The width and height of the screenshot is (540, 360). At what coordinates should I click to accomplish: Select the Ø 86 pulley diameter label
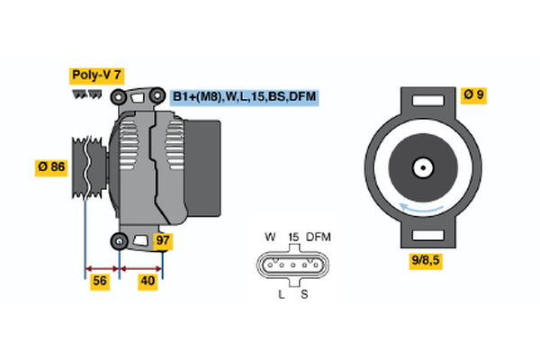click(x=52, y=168)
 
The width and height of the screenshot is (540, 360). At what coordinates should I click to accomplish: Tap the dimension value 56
click(x=101, y=282)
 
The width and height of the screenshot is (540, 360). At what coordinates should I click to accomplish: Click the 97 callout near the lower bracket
click(x=163, y=240)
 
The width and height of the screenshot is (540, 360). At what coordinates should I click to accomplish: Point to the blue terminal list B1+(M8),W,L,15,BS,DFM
click(x=244, y=96)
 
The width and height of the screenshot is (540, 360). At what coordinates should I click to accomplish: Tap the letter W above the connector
click(x=270, y=237)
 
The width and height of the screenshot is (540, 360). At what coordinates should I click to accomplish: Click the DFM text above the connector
click(x=319, y=237)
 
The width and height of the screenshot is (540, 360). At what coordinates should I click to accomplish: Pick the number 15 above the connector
click(x=292, y=237)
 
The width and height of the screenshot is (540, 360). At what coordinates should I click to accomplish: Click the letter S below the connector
click(x=303, y=294)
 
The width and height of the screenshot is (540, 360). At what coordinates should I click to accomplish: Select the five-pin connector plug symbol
click(x=292, y=265)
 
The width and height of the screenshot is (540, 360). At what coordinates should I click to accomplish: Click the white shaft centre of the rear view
click(x=421, y=167)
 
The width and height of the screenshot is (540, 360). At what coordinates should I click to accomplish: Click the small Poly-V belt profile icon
click(x=86, y=94)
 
